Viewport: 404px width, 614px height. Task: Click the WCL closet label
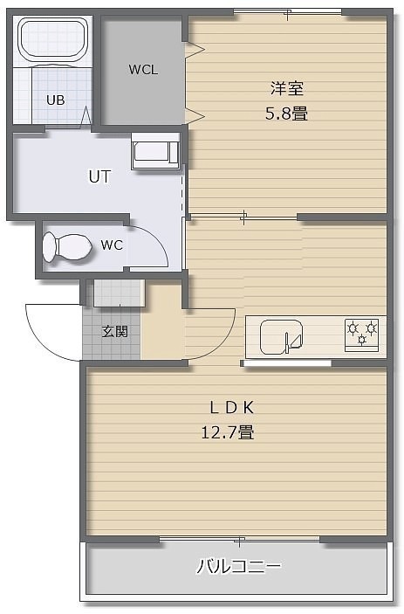pyautogui.click(x=143, y=70)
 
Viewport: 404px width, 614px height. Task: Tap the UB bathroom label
pyautogui.click(x=56, y=100)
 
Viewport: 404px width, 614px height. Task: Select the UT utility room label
pyautogui.click(x=99, y=176)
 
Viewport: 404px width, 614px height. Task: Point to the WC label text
pyautogui.click(x=112, y=245)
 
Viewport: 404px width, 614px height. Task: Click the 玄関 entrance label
pyautogui.click(x=115, y=331)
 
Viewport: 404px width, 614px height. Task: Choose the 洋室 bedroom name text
pyautogui.click(x=287, y=88)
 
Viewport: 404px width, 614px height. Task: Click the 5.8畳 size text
pyautogui.click(x=287, y=114)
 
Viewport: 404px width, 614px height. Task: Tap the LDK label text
pyautogui.click(x=232, y=408)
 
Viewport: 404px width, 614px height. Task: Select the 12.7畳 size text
pyautogui.click(x=228, y=432)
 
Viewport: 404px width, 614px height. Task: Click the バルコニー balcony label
pyautogui.click(x=238, y=566)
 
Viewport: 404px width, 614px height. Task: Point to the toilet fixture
pyautogui.click(x=67, y=247)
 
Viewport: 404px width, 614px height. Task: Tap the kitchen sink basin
pyautogui.click(x=282, y=337)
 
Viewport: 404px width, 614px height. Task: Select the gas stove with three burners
pyautogui.click(x=362, y=335)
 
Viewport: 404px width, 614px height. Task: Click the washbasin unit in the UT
pyautogui.click(x=155, y=152)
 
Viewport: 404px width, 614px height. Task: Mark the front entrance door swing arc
pyautogui.click(x=39, y=341)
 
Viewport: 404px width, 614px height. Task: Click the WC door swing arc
pyautogui.click(x=158, y=238)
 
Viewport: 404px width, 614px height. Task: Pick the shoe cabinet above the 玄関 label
pyautogui.click(x=119, y=293)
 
